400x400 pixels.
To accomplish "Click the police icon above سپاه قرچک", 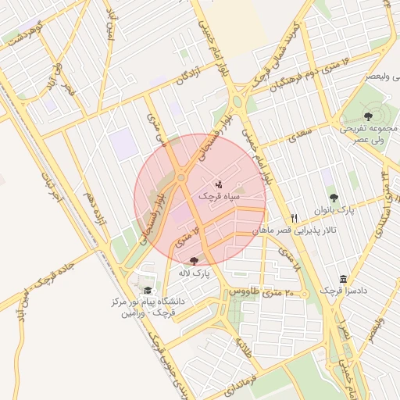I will click(x=218, y=184).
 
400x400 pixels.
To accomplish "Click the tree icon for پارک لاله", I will click(x=194, y=260).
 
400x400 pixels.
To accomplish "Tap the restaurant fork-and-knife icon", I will click(x=295, y=218).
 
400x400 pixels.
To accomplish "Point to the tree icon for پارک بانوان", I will click(x=334, y=198).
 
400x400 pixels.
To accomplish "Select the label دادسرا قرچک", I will click(x=342, y=291).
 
